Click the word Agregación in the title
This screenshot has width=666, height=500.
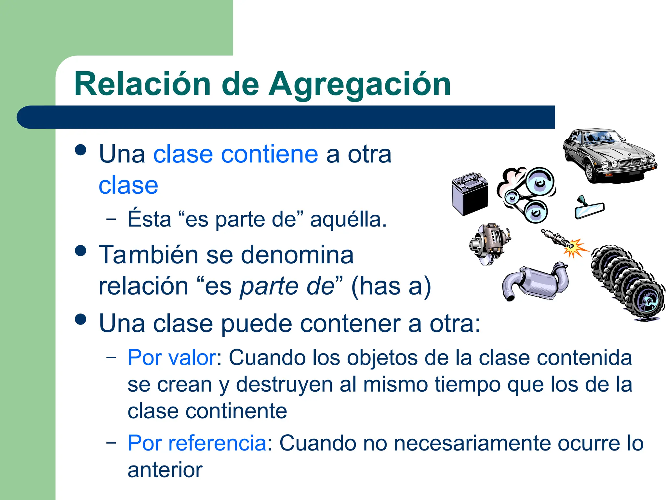pos(359,85)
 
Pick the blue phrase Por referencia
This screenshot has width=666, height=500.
pos(197,443)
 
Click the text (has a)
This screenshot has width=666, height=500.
pos(391,286)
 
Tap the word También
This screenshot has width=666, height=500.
pos(148,255)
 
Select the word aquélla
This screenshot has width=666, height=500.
pos(348,219)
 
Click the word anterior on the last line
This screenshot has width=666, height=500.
pos(165,470)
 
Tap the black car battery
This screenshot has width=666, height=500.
pos(470,194)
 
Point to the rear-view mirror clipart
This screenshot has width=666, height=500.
pos(589,209)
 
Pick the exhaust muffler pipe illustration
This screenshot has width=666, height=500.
pos(533,282)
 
